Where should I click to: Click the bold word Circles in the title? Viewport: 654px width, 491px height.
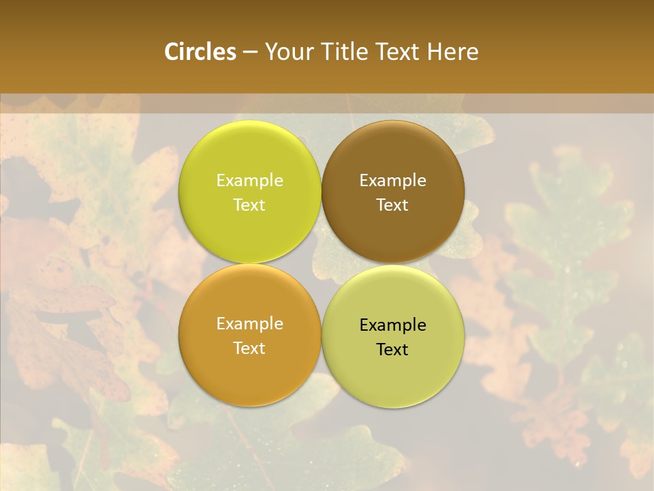(200, 52)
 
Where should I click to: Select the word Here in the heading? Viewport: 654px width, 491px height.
(452, 52)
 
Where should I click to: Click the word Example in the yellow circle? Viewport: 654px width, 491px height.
(249, 181)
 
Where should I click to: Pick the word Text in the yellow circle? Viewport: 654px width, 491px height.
(249, 205)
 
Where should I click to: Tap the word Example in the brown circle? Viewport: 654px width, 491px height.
(392, 181)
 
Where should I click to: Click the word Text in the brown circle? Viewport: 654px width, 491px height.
(392, 205)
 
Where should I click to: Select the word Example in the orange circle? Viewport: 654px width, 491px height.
(249, 324)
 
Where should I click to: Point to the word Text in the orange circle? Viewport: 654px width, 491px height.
(249, 348)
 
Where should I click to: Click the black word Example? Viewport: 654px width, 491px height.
(392, 325)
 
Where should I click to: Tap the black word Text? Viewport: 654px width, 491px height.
(392, 350)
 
